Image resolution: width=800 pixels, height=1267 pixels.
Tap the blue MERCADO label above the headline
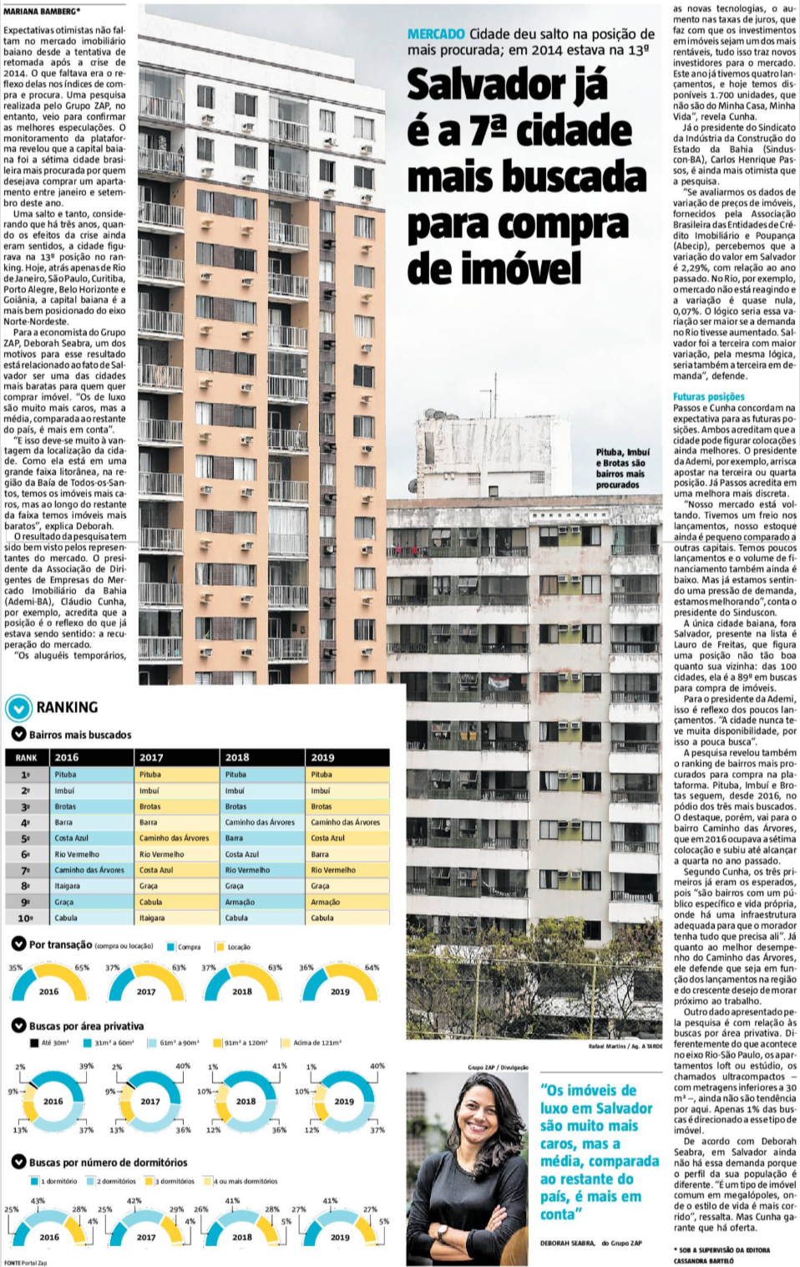(435, 34)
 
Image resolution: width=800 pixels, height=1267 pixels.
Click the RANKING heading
(67, 707)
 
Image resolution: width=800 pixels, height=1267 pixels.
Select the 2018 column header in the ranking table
(237, 757)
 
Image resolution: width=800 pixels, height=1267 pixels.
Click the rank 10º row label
(25, 918)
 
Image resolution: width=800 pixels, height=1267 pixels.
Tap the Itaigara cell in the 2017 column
(152, 918)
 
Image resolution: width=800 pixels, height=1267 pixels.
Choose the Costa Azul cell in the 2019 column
(327, 837)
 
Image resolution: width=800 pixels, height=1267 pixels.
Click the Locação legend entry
(238, 947)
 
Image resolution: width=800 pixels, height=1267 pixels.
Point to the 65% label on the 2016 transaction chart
(82, 967)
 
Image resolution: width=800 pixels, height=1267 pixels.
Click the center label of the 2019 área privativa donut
(344, 1101)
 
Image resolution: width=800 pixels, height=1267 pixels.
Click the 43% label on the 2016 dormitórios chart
(38, 1200)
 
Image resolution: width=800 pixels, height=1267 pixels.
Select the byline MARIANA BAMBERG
(42, 12)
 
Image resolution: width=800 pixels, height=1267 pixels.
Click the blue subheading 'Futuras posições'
(708, 397)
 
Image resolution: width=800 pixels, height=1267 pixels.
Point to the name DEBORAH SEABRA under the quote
(567, 1243)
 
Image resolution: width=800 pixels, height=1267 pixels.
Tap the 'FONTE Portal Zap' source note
(25, 1262)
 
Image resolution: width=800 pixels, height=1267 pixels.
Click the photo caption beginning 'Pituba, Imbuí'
(620, 468)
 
